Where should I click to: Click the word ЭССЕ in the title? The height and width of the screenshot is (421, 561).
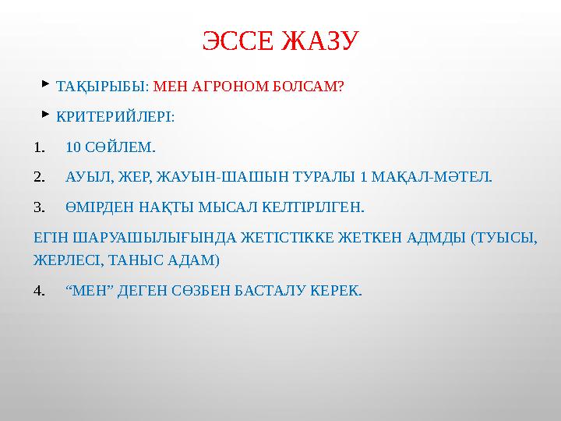click(238, 41)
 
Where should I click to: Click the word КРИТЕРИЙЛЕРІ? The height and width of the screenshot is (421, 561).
click(115, 117)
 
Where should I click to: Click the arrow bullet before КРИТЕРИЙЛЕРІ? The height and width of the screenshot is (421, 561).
click(46, 114)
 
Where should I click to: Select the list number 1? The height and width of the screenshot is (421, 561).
click(40, 147)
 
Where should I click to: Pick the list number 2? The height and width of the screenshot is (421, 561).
click(40, 177)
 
